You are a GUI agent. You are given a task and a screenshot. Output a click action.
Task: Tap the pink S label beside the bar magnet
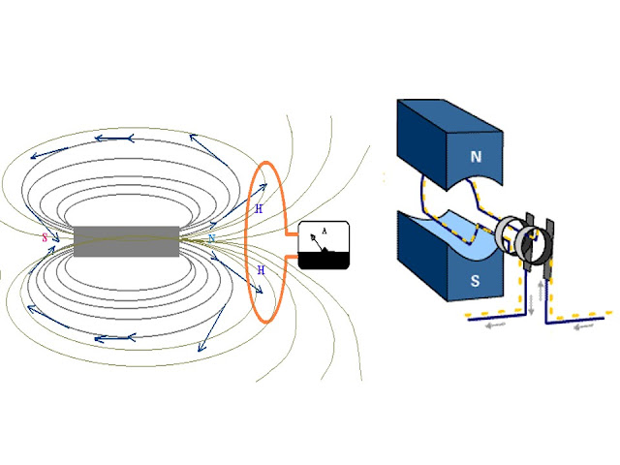[45, 237]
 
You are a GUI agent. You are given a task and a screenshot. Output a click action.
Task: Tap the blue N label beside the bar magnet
[211, 237]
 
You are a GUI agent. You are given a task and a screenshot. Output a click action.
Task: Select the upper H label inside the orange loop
[259, 208]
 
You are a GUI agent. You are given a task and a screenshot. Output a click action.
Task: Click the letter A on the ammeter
[324, 231]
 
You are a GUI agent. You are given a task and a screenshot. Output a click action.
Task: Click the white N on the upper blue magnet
[476, 155]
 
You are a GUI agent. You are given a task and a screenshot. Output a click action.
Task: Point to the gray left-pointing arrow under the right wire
[582, 326]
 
